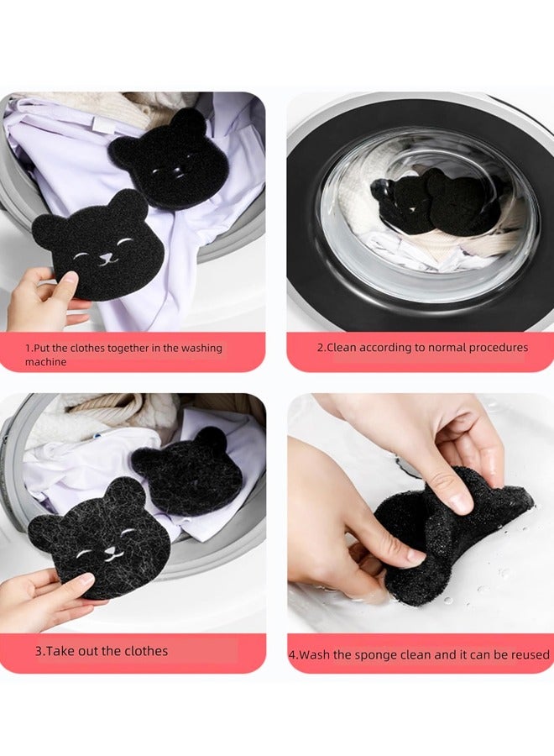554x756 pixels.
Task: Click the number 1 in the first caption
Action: tap(27, 348)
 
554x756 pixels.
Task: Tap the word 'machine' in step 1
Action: tap(45, 362)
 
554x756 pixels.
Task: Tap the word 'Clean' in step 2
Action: tap(342, 348)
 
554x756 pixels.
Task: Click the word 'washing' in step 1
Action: tap(199, 348)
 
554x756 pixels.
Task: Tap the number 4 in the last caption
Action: tap(292, 655)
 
